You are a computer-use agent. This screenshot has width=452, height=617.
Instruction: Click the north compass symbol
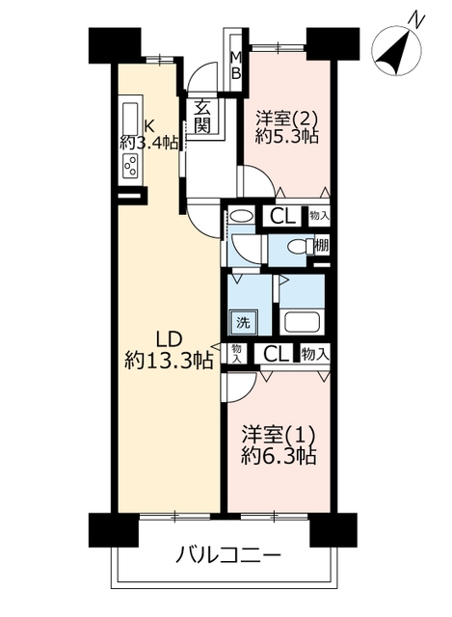point(396,50)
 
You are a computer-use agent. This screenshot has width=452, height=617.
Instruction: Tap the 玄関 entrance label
point(202,116)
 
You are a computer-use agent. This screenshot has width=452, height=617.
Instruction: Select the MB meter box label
point(236,66)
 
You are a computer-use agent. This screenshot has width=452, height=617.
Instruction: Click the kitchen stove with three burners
point(131,165)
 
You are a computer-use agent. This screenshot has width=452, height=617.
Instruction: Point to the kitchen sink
point(130,118)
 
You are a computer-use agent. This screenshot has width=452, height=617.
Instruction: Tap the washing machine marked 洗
point(243,322)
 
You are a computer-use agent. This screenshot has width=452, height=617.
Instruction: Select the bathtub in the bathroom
point(302,322)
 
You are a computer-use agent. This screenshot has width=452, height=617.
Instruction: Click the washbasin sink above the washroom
point(241,216)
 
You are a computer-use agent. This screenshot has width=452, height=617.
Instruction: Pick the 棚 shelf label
point(321,246)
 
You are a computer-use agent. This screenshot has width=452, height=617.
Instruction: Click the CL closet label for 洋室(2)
point(282,216)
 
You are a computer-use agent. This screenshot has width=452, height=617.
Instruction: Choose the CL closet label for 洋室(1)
point(276,354)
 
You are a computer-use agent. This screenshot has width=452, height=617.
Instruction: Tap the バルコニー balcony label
point(228,555)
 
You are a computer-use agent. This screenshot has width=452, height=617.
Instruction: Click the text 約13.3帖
point(170,360)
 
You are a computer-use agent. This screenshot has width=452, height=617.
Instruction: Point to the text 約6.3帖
point(279,456)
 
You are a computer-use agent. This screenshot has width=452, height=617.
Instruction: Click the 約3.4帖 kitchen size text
point(149,142)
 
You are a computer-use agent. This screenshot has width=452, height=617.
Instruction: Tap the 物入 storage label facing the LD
point(236,354)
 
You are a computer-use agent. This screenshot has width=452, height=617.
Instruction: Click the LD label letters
point(169,339)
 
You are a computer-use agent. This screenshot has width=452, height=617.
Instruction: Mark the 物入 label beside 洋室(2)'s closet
point(319,216)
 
